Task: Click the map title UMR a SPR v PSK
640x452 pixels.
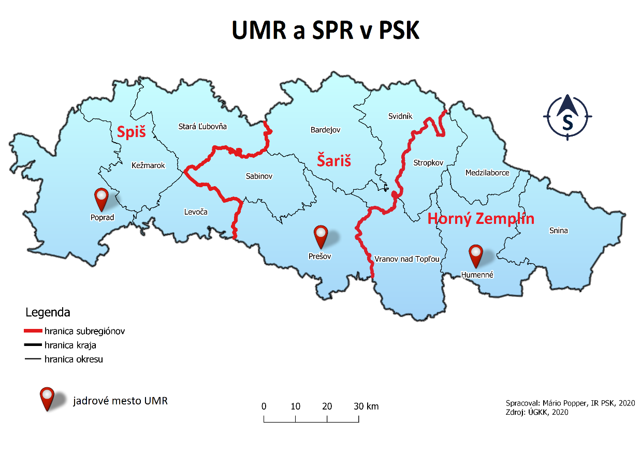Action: point(325,31)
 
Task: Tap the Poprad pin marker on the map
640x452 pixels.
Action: point(101,199)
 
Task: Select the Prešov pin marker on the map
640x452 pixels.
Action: point(322,235)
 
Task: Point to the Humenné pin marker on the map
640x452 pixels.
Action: point(475,254)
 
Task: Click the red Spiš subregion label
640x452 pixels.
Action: point(131,132)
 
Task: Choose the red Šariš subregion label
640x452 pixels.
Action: point(334,161)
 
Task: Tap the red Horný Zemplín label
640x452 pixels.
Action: point(481,219)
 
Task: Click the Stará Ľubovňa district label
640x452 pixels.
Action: point(202,126)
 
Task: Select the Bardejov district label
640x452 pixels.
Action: point(325,130)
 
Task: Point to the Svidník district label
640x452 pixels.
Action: point(400,116)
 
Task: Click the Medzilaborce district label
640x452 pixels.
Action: point(487,173)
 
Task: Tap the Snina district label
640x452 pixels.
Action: point(558,230)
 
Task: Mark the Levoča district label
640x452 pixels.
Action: point(196,212)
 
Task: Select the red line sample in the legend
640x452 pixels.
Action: point(33,330)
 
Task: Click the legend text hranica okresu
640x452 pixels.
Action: point(74,359)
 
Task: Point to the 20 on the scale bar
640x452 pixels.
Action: point(327,406)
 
